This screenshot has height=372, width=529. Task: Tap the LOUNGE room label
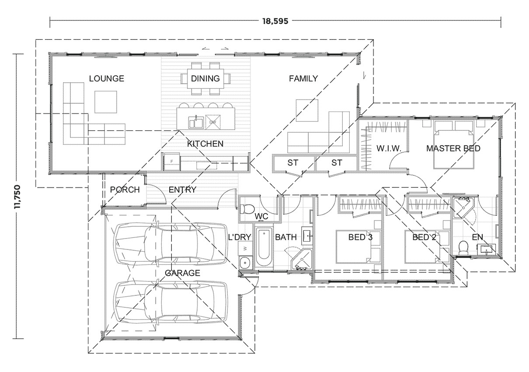point(106,79)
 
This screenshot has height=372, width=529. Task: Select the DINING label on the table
point(205,79)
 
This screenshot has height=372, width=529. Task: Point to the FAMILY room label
point(303,79)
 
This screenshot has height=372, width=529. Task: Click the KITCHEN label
point(205,144)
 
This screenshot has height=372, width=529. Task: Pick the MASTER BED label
point(453,149)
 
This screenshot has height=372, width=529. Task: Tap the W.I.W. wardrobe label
point(389,149)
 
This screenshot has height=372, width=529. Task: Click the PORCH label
point(125,190)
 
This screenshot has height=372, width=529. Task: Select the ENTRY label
point(182,190)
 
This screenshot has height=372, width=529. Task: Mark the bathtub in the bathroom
point(263,247)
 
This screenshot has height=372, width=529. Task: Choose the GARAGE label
point(182,273)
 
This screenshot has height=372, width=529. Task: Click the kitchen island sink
point(195,122)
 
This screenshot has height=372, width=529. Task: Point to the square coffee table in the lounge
point(106,102)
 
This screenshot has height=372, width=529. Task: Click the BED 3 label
point(361,238)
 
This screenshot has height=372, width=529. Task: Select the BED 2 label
point(425,238)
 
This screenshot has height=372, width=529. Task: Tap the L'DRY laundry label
point(239,238)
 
